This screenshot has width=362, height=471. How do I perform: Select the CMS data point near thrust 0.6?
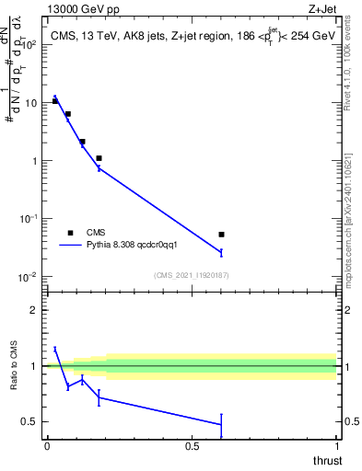[221, 235]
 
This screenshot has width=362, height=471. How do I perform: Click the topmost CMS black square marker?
[55, 100]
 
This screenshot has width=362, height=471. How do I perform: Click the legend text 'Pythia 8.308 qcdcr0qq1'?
[138, 246]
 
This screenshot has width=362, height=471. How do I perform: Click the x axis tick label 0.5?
[192, 446]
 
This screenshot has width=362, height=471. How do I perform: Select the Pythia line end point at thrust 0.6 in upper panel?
[221, 252]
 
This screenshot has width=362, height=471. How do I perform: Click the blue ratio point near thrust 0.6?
[221, 424]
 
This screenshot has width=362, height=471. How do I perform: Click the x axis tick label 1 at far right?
[336, 446]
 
